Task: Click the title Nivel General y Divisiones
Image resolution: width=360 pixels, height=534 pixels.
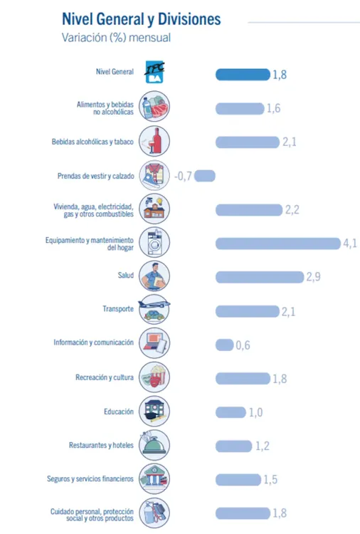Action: [141, 19]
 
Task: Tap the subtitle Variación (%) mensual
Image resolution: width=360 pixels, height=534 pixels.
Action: [116, 38]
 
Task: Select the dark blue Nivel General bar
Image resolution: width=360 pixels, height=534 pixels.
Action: [243, 75]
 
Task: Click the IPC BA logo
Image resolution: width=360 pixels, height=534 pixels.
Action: [154, 72]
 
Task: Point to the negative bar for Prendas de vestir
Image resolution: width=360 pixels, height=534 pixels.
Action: [205, 176]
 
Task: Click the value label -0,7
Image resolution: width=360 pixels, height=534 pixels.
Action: [183, 176]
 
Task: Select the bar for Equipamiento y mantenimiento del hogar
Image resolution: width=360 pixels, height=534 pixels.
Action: [278, 244]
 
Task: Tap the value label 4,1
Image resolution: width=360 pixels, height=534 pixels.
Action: [350, 244]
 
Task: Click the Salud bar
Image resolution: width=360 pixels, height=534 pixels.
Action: [260, 277]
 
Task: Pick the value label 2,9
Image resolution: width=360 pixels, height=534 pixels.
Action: [313, 276]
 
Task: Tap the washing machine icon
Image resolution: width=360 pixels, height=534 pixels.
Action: [154, 242]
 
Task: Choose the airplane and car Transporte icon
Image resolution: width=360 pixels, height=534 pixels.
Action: [154, 309]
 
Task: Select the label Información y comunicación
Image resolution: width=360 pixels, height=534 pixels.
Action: [94, 342]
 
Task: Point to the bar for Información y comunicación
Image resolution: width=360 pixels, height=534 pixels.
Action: [225, 345]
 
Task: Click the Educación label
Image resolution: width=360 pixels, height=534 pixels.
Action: [119, 412]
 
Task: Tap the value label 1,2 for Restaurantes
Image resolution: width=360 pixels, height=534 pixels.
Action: [263, 446]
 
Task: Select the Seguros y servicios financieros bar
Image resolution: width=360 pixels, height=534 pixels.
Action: [238, 479]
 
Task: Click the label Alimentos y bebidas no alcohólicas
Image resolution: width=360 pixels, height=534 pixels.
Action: [105, 108]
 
